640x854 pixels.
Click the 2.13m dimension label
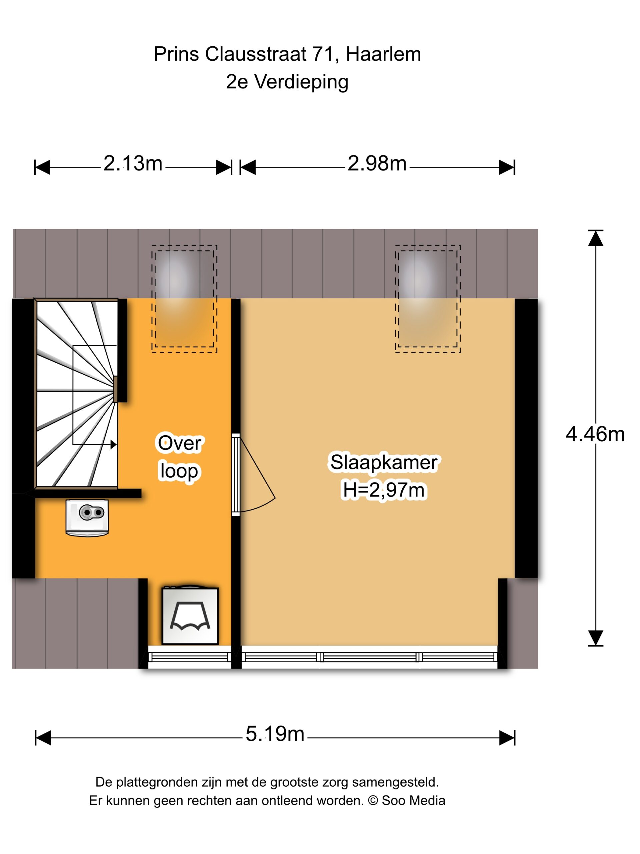click(133, 163)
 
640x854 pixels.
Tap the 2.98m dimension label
click(377, 163)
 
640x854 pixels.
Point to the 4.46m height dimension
click(595, 434)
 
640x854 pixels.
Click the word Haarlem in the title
click(383, 54)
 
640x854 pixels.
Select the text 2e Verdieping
click(287, 82)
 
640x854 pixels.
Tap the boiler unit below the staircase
click(87, 518)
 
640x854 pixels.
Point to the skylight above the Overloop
click(184, 299)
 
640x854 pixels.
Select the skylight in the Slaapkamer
click(427, 299)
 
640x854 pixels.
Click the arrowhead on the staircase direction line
click(113, 444)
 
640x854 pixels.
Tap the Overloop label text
click(179, 457)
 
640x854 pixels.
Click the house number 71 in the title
click(323, 54)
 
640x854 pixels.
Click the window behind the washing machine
click(190, 657)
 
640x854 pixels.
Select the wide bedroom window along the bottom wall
click(369, 657)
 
